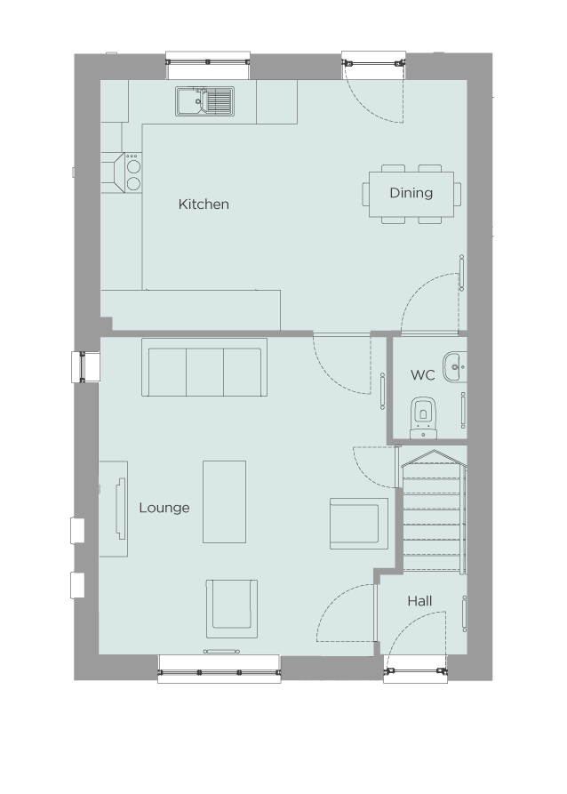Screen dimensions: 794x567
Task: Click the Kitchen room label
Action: tap(204, 205)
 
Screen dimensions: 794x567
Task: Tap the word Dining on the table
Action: tap(411, 193)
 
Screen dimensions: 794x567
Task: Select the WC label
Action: tap(422, 375)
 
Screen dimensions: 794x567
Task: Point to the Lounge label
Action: tap(164, 508)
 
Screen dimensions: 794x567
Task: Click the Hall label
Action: tap(419, 602)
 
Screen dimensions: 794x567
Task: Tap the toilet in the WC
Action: tap(424, 415)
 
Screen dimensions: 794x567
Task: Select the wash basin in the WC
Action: tap(455, 364)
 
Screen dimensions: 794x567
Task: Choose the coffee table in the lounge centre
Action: tap(224, 501)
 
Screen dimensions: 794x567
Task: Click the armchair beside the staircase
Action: tap(358, 523)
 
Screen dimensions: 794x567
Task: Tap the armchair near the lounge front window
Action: tap(232, 608)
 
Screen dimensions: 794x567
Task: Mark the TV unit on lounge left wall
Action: tap(113, 509)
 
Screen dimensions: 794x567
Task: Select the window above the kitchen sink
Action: tap(208, 62)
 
